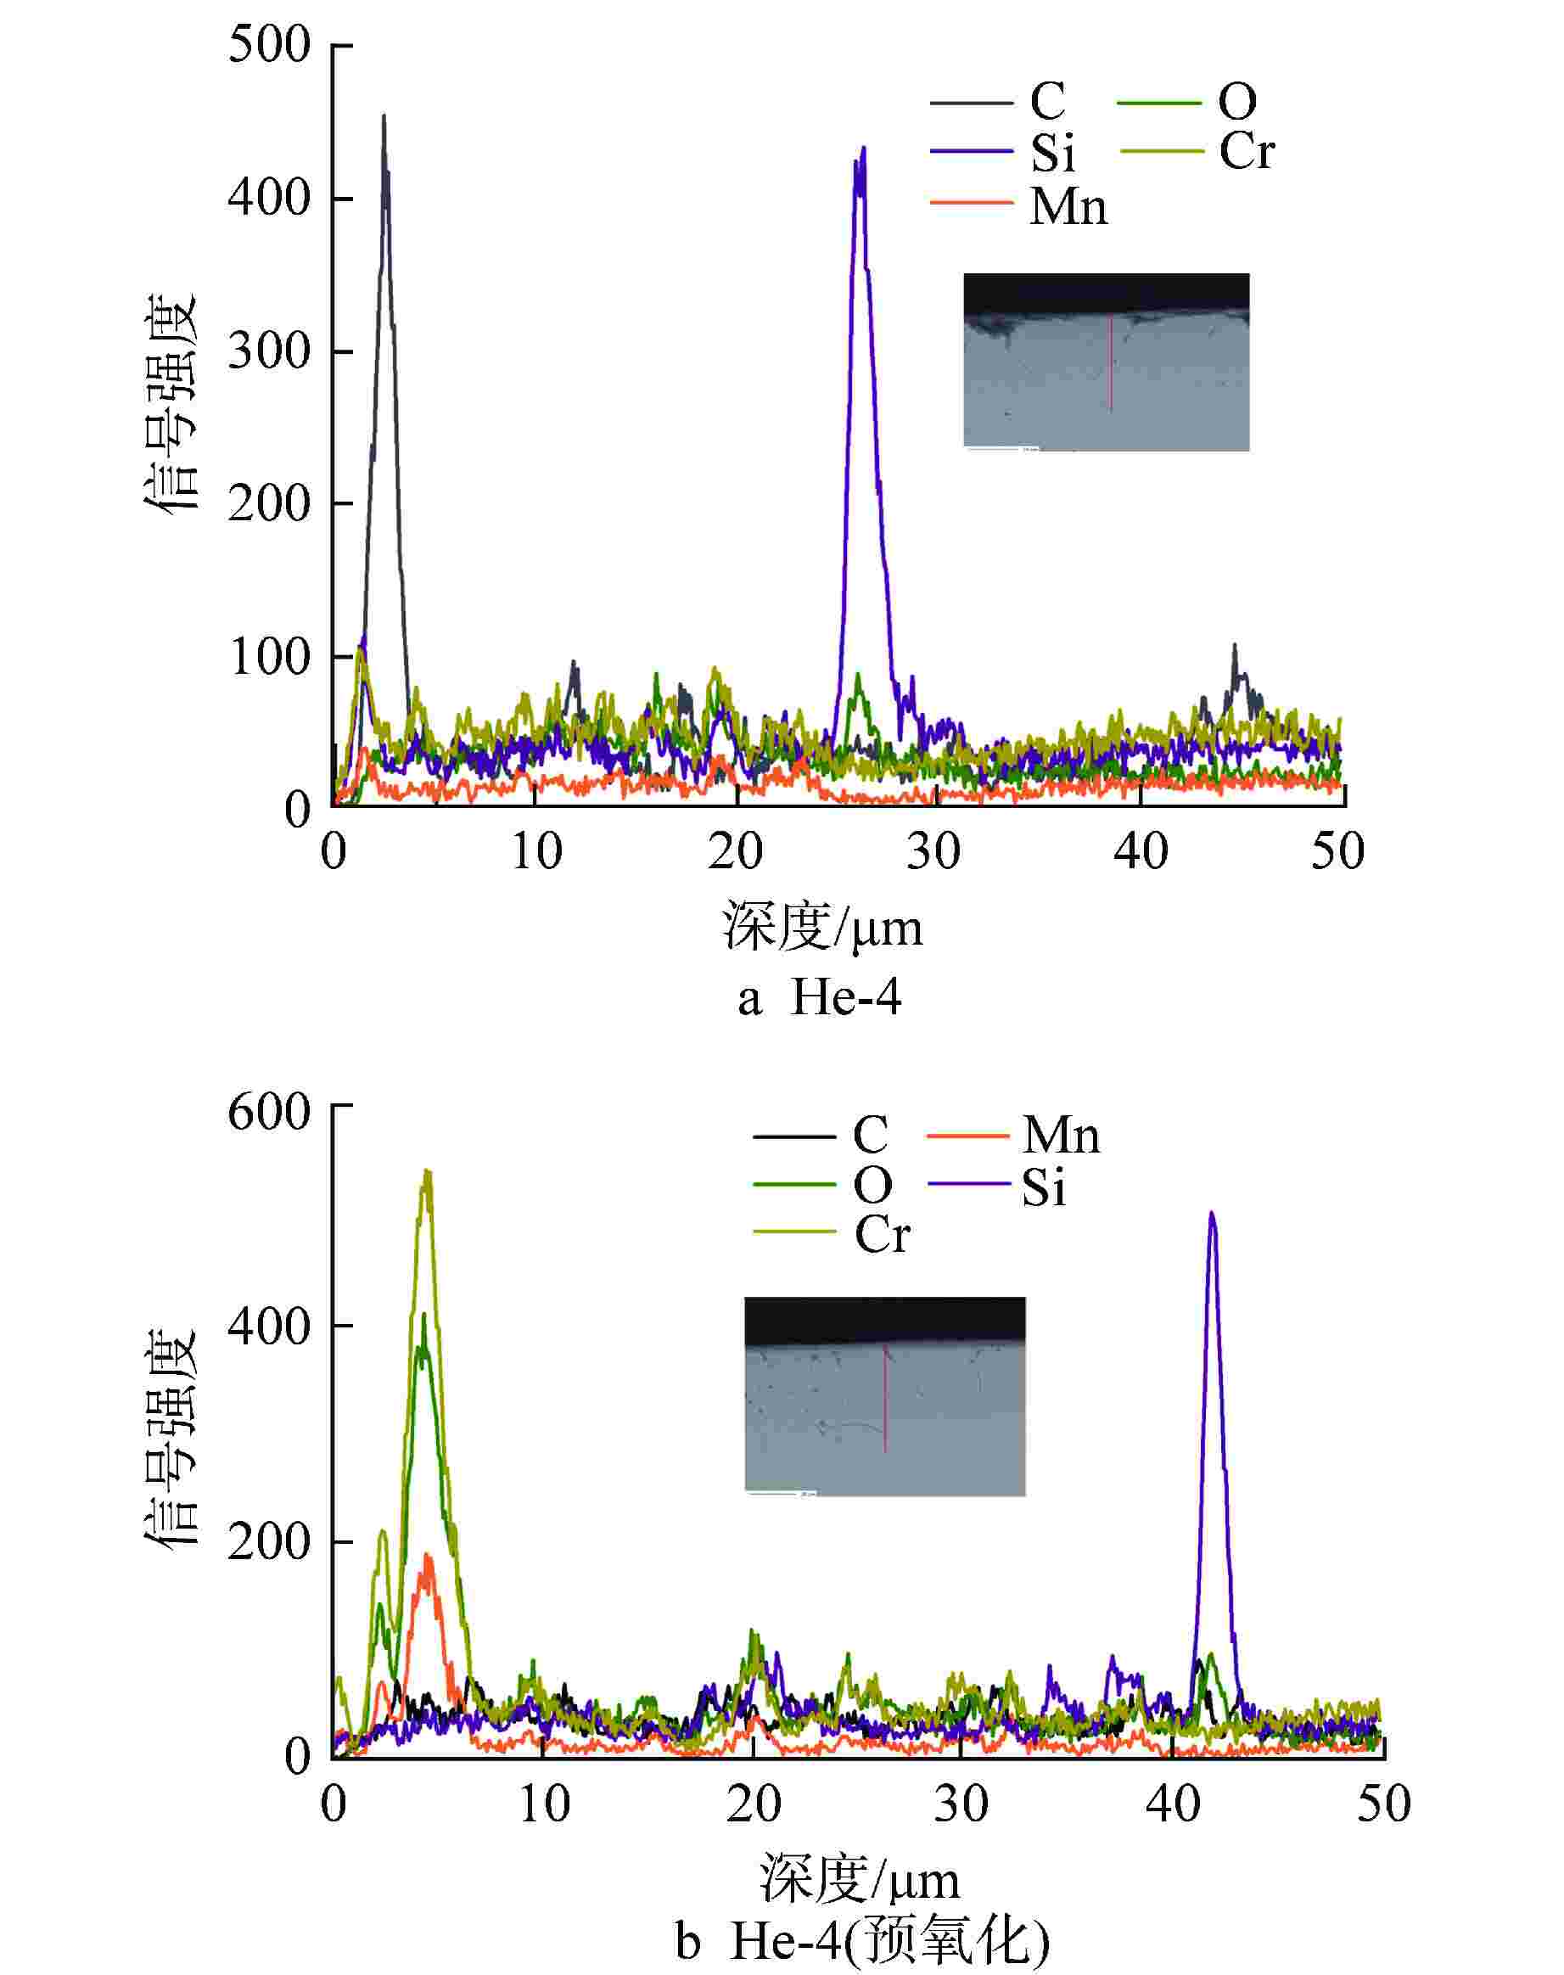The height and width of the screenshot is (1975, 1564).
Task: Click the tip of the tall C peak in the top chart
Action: (384, 116)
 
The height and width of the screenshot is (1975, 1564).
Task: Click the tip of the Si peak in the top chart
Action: (862, 149)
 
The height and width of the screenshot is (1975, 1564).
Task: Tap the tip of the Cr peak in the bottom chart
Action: (427, 1172)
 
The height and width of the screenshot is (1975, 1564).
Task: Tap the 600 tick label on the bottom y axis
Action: (270, 1114)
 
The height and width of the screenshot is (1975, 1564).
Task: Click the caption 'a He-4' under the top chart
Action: (820, 997)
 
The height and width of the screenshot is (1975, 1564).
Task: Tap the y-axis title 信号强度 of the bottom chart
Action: (171, 1438)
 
